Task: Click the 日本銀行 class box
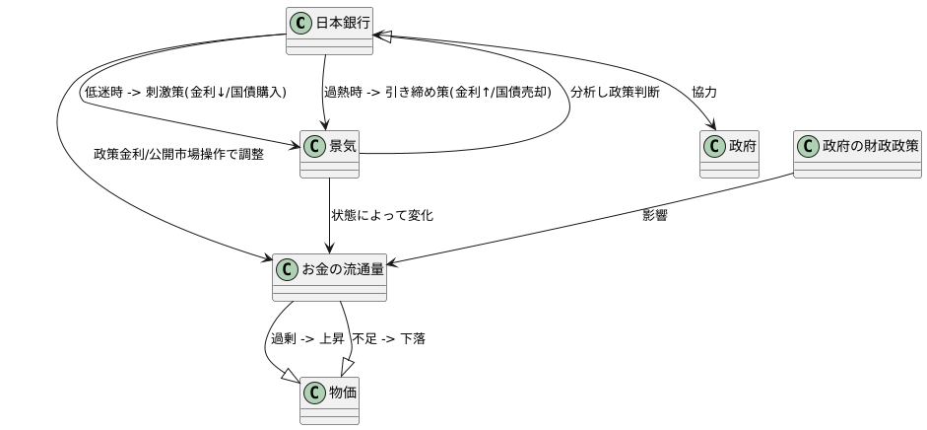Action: (329, 30)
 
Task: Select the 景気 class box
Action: (329, 154)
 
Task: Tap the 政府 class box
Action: (729, 154)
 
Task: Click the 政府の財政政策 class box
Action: (856, 154)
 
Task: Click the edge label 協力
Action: (704, 92)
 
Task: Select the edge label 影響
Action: (655, 215)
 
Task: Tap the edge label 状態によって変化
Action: (382, 215)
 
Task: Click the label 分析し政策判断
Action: (615, 92)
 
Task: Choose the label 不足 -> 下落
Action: (388, 338)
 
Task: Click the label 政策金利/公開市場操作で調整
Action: (178, 154)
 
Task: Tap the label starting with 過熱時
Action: (437, 92)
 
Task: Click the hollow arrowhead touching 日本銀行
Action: (385, 36)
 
